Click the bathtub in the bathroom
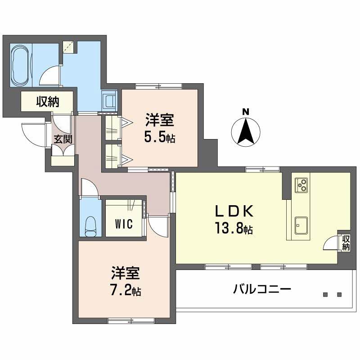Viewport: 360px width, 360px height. coord(21,66)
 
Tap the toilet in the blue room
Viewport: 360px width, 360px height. coord(92,225)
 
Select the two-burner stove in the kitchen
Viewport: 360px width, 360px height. coord(301,185)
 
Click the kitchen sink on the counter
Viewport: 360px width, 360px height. coord(301,225)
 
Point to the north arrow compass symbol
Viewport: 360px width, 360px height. coord(246,131)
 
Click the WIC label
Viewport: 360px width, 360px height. coord(123,224)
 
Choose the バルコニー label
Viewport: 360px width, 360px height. coord(262,288)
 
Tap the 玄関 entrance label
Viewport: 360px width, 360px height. coord(63,139)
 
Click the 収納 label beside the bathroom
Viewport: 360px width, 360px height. coord(48,102)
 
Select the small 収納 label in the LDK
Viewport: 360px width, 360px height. coord(346,243)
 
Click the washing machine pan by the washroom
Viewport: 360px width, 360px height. coord(109,100)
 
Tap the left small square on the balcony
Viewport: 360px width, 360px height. coord(325,295)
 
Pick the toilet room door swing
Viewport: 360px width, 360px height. coord(89,187)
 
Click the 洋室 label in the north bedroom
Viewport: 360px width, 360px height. coord(159,121)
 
